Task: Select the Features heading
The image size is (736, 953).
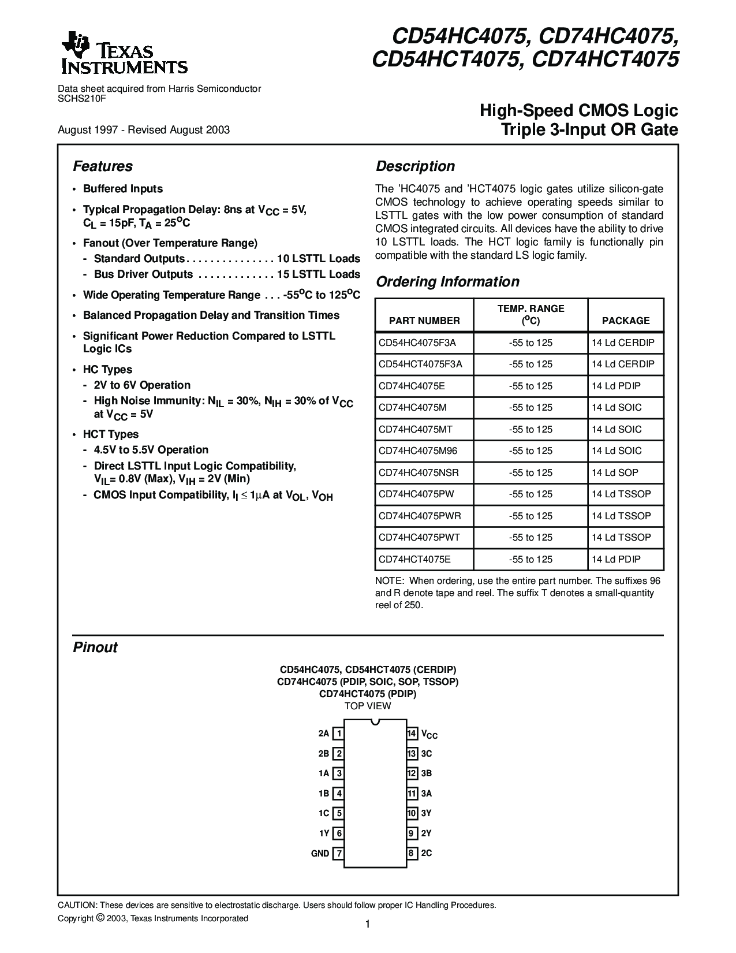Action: [x=103, y=166]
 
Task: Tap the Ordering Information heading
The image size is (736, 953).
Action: [x=447, y=282]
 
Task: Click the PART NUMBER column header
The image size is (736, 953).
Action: [x=424, y=321]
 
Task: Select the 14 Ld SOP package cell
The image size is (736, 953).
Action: [x=615, y=472]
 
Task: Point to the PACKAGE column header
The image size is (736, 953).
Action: [x=626, y=321]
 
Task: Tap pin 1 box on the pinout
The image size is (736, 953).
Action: [x=339, y=734]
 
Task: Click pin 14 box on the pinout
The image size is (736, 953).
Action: [x=412, y=734]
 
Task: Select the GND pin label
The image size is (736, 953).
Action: [x=320, y=853]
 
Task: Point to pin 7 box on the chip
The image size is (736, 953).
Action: [x=339, y=853]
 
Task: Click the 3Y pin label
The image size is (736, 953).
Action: [x=427, y=813]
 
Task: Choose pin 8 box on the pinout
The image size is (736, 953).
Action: [x=412, y=853]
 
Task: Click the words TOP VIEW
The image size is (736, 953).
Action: [x=368, y=706]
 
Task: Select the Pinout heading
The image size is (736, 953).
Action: [x=95, y=647]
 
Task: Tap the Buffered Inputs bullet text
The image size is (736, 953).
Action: [x=123, y=189]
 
